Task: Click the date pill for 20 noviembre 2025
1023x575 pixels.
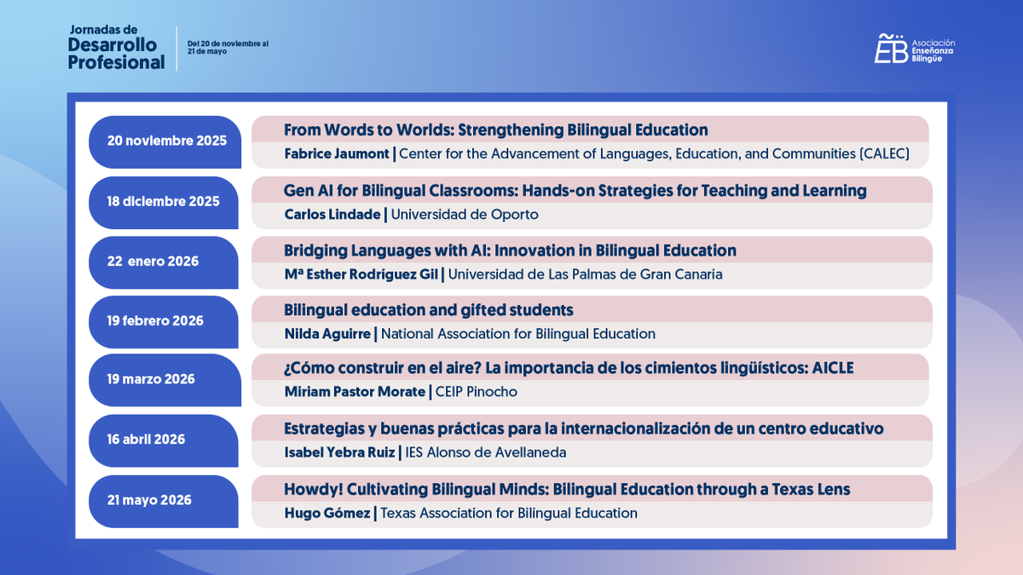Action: tap(166, 141)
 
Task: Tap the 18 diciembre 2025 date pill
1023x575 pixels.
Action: tap(163, 202)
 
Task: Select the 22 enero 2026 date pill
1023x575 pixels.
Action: tap(153, 262)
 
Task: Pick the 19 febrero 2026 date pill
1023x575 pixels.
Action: tap(155, 321)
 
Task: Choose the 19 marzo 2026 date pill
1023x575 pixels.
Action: tap(151, 379)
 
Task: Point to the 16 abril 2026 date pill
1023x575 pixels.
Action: tap(146, 440)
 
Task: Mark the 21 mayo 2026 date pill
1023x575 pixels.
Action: tap(149, 500)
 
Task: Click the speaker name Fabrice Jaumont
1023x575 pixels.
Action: tap(336, 154)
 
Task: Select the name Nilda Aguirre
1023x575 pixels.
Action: tap(327, 334)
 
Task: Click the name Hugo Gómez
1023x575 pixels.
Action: tap(326, 513)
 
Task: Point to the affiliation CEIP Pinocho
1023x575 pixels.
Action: tap(476, 392)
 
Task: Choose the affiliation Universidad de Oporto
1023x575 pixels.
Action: tap(465, 215)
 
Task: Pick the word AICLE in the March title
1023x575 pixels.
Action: tap(831, 368)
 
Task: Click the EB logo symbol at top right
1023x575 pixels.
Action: tap(890, 49)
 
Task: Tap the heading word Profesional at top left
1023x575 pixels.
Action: tap(116, 62)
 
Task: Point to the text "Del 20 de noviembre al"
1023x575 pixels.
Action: tap(228, 43)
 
